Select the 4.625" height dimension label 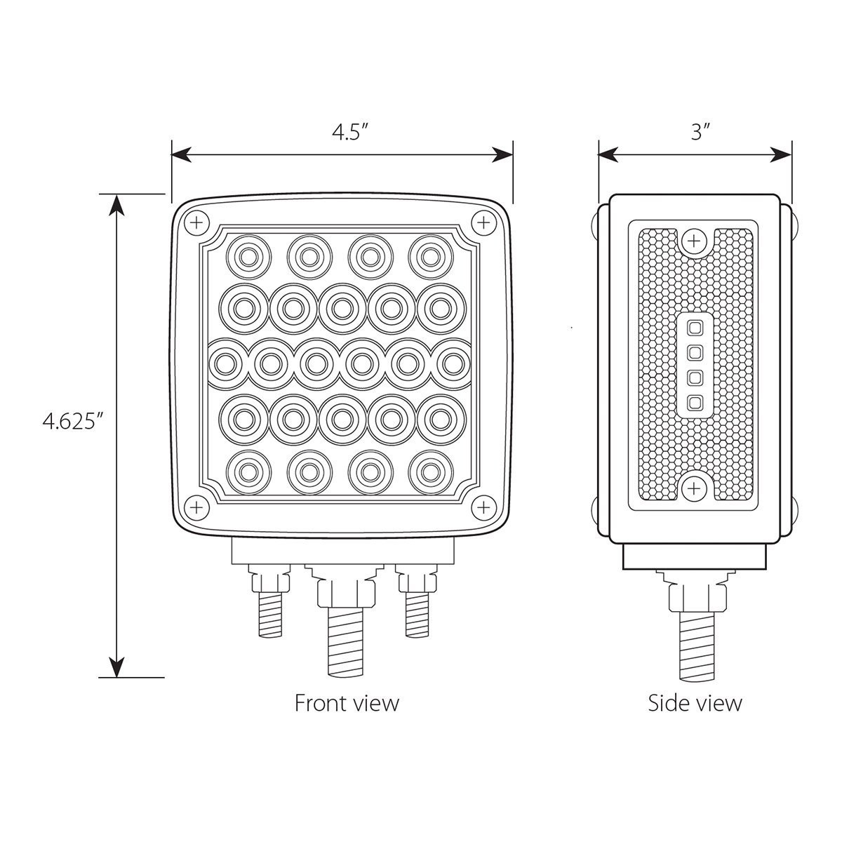tap(73, 422)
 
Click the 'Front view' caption tap(347, 702)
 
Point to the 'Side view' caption tap(695, 702)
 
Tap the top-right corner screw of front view tap(483, 223)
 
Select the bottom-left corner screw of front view tap(196, 506)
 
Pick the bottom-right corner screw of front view tap(483, 506)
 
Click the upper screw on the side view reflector tap(694, 241)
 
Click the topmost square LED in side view tap(695, 327)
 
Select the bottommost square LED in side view tap(695, 402)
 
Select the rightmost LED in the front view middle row tap(453, 363)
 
